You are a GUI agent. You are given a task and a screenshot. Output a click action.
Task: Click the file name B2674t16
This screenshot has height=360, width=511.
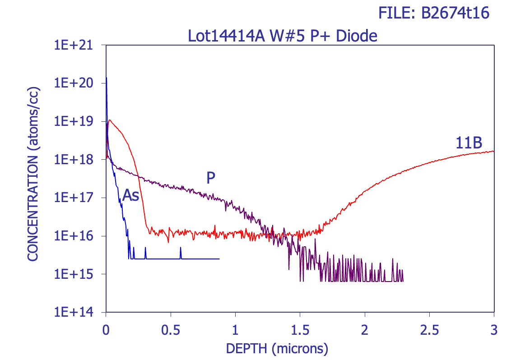(455, 14)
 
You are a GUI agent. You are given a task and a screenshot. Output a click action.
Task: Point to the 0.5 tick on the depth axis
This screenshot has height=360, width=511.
(171, 330)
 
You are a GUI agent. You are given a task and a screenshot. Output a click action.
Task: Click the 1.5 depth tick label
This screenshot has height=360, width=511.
(300, 330)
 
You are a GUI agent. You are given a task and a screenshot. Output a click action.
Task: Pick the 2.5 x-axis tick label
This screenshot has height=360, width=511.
(429, 330)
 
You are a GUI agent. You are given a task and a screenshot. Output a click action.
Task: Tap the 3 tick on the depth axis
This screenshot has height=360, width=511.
(494, 330)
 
